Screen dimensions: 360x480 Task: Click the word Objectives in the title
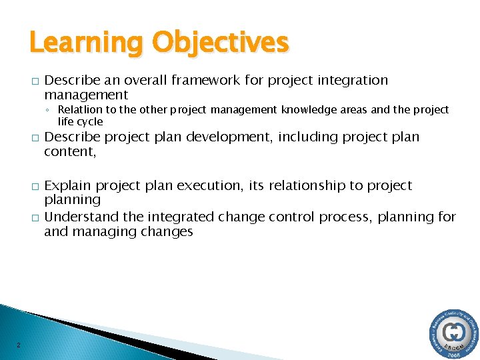[x=221, y=43]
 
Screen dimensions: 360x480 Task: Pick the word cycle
[x=89, y=121]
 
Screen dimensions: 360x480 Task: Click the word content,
[x=71, y=151]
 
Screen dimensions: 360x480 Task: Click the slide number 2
[x=18, y=345]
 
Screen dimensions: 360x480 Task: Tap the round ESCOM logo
[x=453, y=333]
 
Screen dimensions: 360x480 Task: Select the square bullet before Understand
[x=32, y=218]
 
